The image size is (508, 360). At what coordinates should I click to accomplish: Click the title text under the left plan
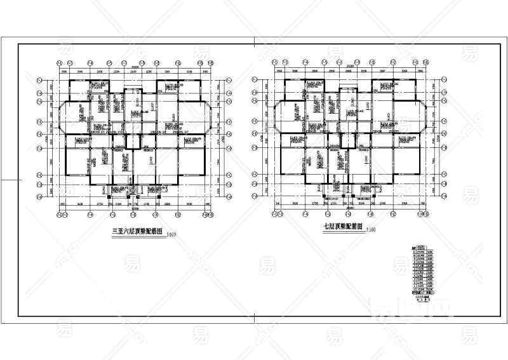[x=138, y=232]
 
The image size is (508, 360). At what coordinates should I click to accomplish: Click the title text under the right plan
[x=342, y=226]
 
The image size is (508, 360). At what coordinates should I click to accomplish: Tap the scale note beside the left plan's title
[x=171, y=236]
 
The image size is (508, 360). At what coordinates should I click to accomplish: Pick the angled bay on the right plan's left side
[x=277, y=117]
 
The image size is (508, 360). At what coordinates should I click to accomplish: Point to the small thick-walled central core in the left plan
[x=132, y=141]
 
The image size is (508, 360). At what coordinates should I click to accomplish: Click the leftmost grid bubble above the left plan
[x=58, y=63]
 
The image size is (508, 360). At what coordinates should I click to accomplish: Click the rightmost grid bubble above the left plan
[x=210, y=63]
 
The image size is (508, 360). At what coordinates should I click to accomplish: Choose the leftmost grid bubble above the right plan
[x=273, y=63]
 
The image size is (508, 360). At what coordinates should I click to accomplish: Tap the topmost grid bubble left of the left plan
[x=40, y=81]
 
